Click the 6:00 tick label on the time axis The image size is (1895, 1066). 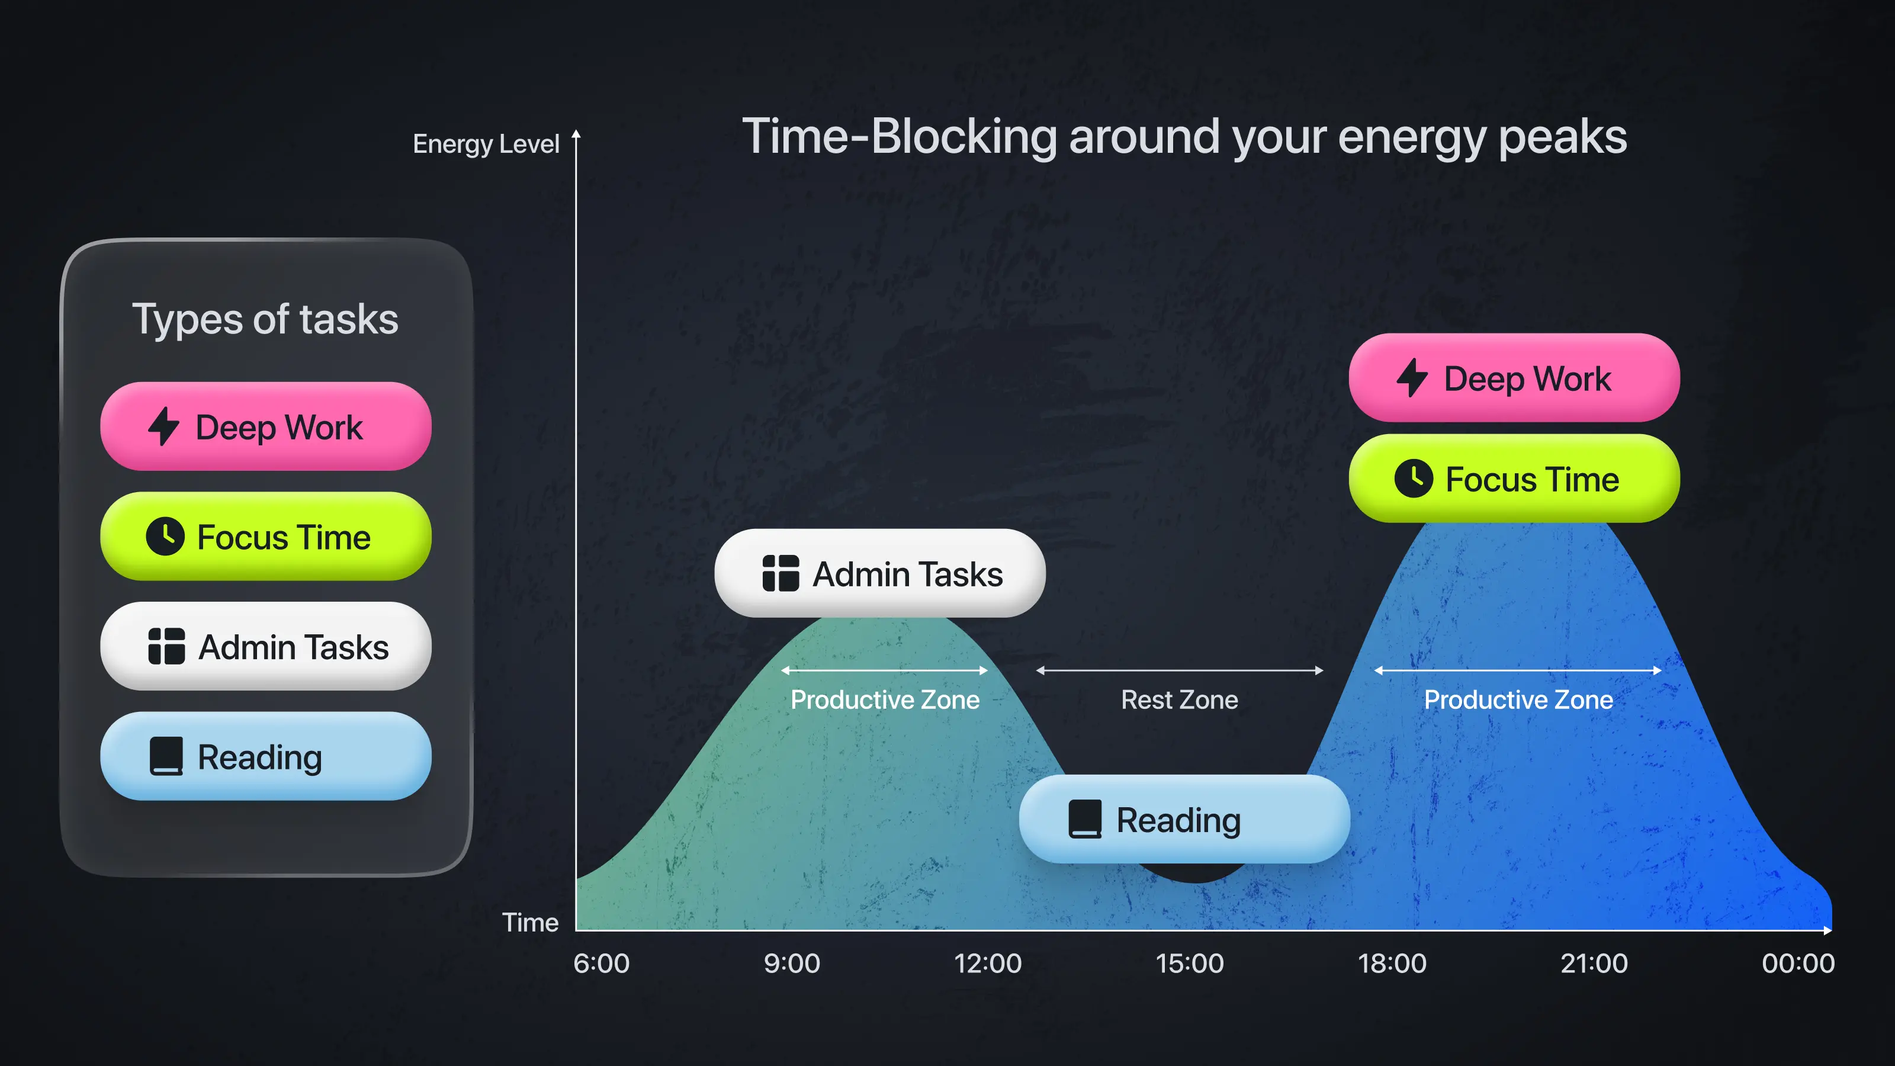[601, 963]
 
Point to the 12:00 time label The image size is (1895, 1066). [987, 963]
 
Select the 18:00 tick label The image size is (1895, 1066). [1392, 963]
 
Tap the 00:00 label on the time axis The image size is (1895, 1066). [1798, 963]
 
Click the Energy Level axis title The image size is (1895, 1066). [486, 144]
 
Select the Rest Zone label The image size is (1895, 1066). [1179, 699]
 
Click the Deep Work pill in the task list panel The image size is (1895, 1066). [265, 426]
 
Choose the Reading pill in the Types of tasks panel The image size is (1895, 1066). [265, 756]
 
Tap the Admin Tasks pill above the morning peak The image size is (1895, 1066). [880, 573]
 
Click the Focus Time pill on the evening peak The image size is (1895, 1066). [1514, 479]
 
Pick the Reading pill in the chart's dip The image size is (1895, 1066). [1184, 819]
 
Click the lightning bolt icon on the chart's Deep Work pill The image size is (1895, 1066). [1412, 378]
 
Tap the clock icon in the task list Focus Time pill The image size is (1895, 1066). [165, 537]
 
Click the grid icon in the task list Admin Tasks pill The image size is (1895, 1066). [166, 647]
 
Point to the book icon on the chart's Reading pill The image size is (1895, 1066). [1085, 819]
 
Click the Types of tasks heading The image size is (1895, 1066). [265, 319]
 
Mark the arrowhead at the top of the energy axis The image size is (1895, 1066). [576, 134]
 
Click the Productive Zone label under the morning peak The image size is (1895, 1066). [885, 699]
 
